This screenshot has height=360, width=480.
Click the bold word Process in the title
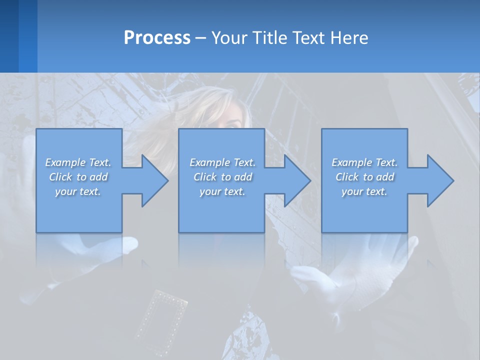click(157, 37)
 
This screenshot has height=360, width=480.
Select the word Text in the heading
click(309, 37)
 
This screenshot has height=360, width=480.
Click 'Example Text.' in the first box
click(78, 162)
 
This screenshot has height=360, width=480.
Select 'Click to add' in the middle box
click(222, 177)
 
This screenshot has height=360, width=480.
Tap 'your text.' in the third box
click(364, 191)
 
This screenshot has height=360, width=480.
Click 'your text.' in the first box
click(78, 191)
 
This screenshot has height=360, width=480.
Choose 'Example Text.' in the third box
click(364, 162)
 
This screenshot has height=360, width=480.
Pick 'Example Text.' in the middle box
click(222, 162)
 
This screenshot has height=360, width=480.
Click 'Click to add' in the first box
click(78, 177)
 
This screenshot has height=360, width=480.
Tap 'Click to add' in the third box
click(364, 177)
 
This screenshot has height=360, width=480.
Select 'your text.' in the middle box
click(222, 191)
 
